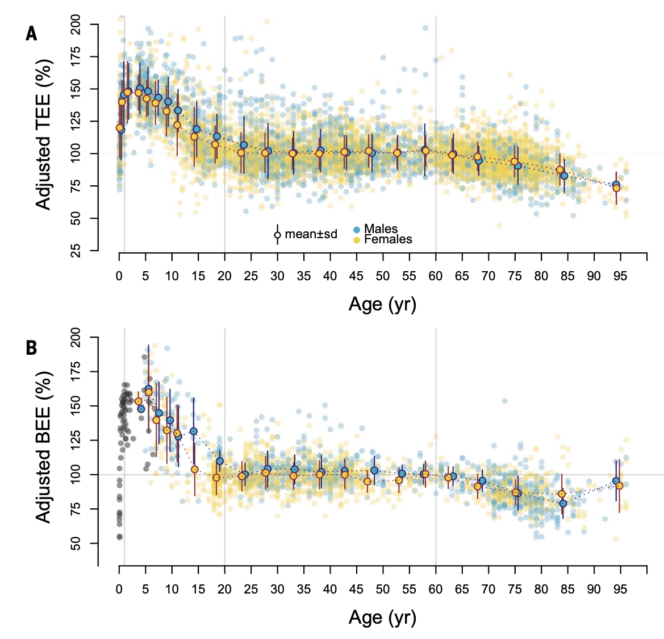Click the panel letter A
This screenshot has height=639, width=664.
[x=31, y=34]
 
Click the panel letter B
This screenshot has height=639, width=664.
[x=31, y=347]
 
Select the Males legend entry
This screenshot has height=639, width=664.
[x=381, y=229]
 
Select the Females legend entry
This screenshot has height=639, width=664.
[x=388, y=239]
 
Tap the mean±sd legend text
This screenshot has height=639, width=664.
[x=311, y=234]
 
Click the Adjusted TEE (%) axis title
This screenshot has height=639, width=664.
[x=44, y=134]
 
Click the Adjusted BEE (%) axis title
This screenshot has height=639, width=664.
[x=44, y=447]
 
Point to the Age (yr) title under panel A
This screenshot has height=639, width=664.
[x=382, y=304]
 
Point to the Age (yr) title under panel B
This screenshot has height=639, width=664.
[x=382, y=617]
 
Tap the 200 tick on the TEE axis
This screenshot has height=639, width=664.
[x=76, y=25]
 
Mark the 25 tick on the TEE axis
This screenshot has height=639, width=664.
[x=76, y=250]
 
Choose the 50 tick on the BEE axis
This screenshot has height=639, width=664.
[x=76, y=544]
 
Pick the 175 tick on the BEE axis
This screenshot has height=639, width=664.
[x=76, y=372]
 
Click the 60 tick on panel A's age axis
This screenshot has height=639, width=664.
[x=436, y=276]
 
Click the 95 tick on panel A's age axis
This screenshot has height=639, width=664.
[x=620, y=276]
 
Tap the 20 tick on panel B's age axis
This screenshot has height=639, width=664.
[x=224, y=589]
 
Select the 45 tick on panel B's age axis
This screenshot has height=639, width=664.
[x=356, y=589]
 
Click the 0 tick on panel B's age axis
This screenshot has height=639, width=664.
[x=119, y=589]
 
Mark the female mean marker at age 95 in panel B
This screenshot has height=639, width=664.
[x=620, y=486]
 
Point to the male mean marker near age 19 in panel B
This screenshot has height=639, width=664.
[x=220, y=461]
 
